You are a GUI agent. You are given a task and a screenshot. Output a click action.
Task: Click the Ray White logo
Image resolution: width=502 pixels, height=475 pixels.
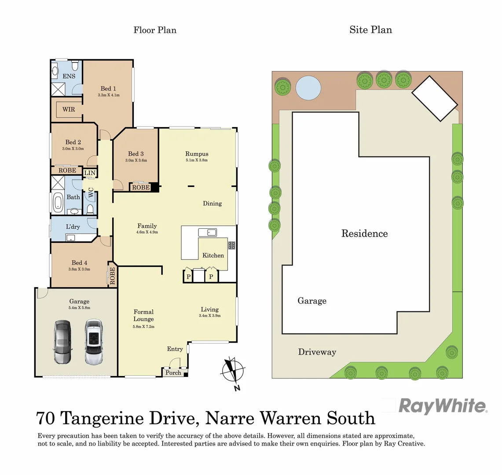click(x=442, y=406)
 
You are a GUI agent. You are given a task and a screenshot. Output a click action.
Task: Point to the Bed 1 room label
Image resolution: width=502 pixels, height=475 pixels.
click(x=108, y=88)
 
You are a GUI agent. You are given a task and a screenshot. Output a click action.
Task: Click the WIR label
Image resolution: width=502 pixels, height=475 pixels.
click(x=69, y=109)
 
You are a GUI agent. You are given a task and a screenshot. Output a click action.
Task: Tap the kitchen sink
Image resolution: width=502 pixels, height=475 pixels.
click(x=206, y=232)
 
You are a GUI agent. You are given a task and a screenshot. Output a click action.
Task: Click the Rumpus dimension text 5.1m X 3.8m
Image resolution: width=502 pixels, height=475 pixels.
click(x=197, y=161)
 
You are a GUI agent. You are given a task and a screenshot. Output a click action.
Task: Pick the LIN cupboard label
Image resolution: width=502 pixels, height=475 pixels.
click(x=90, y=173)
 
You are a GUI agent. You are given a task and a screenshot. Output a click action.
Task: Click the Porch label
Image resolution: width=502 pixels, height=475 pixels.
click(x=173, y=373)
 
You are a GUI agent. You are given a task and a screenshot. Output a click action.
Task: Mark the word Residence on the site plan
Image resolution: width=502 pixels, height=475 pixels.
click(x=364, y=234)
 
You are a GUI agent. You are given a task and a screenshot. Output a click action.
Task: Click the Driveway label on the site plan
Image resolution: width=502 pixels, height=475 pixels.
click(x=317, y=352)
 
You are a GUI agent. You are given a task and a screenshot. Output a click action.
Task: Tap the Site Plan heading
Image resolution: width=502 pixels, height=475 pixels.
click(x=370, y=30)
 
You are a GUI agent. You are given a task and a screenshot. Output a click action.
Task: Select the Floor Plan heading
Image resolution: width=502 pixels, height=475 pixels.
click(x=155, y=30)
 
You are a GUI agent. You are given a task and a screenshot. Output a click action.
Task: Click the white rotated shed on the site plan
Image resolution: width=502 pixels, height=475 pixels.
click(x=434, y=99)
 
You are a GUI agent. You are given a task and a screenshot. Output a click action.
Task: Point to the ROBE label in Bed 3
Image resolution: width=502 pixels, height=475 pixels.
click(x=140, y=187)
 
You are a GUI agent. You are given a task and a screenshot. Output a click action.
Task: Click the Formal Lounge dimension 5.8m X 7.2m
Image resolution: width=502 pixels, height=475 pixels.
click(x=143, y=327)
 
